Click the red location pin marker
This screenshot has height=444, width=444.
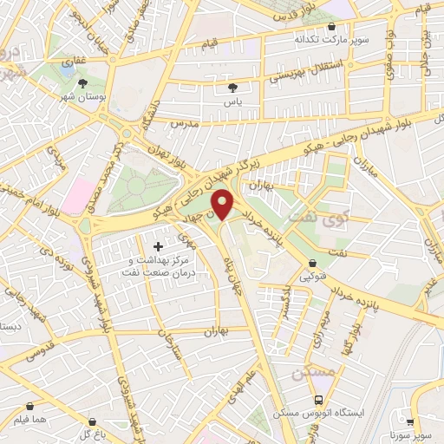[224, 204]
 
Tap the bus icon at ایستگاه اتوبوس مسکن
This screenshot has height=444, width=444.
[320, 401]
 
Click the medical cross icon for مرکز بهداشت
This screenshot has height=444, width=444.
[157, 247]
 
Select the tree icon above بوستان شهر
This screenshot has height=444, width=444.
[82, 84]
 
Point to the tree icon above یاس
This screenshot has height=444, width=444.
[232, 88]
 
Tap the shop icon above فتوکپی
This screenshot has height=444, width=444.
[312, 262]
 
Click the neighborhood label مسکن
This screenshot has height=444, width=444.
[313, 372]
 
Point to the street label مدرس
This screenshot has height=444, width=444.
[185, 124]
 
